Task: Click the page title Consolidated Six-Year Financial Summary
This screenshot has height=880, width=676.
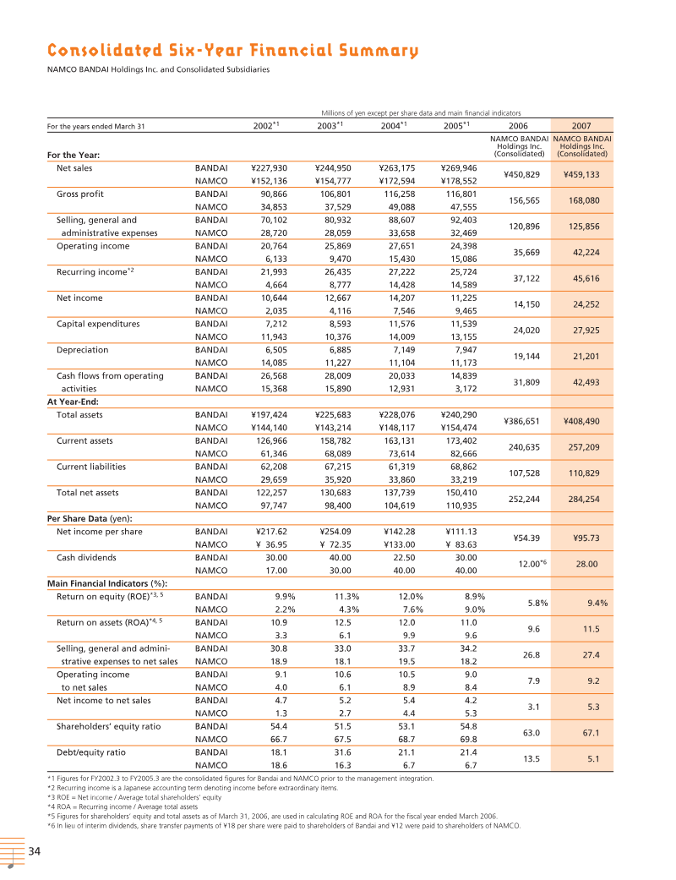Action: click(232, 52)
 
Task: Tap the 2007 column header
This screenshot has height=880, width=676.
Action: click(581, 126)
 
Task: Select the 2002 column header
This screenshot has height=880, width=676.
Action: click(266, 126)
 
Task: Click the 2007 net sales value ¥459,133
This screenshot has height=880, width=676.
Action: click(581, 175)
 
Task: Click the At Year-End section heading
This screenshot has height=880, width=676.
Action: click(73, 402)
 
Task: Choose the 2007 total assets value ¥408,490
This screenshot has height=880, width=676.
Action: click(581, 421)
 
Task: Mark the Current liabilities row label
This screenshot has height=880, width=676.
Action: click(90, 467)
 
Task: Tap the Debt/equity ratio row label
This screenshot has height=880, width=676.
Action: click(90, 752)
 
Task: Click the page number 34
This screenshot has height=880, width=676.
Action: click(35, 850)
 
